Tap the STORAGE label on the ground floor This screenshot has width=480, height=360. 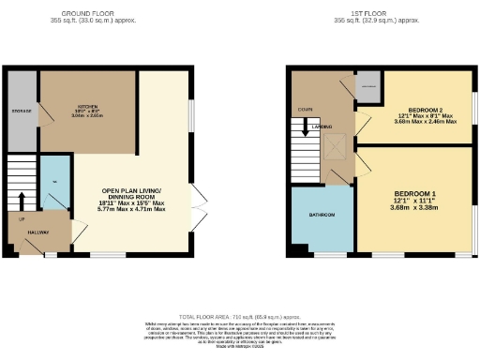click(21, 111)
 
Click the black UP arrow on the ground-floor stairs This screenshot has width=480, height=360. click(22, 200)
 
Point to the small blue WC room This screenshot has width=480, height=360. click(55, 183)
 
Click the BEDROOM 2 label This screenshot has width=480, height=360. click(416, 108)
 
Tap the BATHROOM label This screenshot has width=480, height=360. click(321, 216)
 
